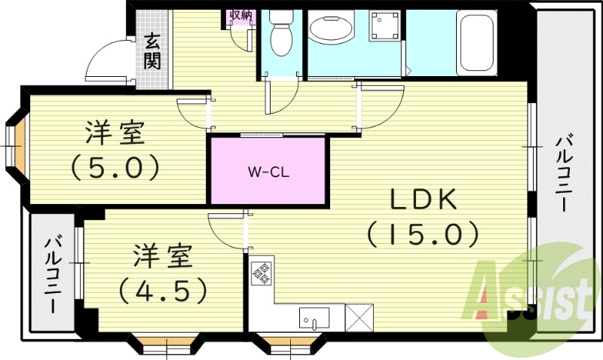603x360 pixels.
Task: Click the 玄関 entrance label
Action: pos(153,52)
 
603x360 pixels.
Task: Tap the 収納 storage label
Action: pos(241,16)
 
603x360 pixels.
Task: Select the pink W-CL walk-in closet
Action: pos(268,170)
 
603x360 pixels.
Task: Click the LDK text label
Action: pos(423,200)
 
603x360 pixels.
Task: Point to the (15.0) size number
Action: pos(423,234)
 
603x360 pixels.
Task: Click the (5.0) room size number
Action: pos(115,167)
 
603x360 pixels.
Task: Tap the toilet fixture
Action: pos(281,33)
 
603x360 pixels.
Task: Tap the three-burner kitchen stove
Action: pos(262,273)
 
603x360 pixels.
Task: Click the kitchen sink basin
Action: pos(314,316)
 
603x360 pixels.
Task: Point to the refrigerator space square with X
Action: pos(359,317)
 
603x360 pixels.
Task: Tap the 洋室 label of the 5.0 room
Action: pos(115,134)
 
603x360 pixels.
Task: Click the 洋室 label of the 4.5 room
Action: pos(162,256)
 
